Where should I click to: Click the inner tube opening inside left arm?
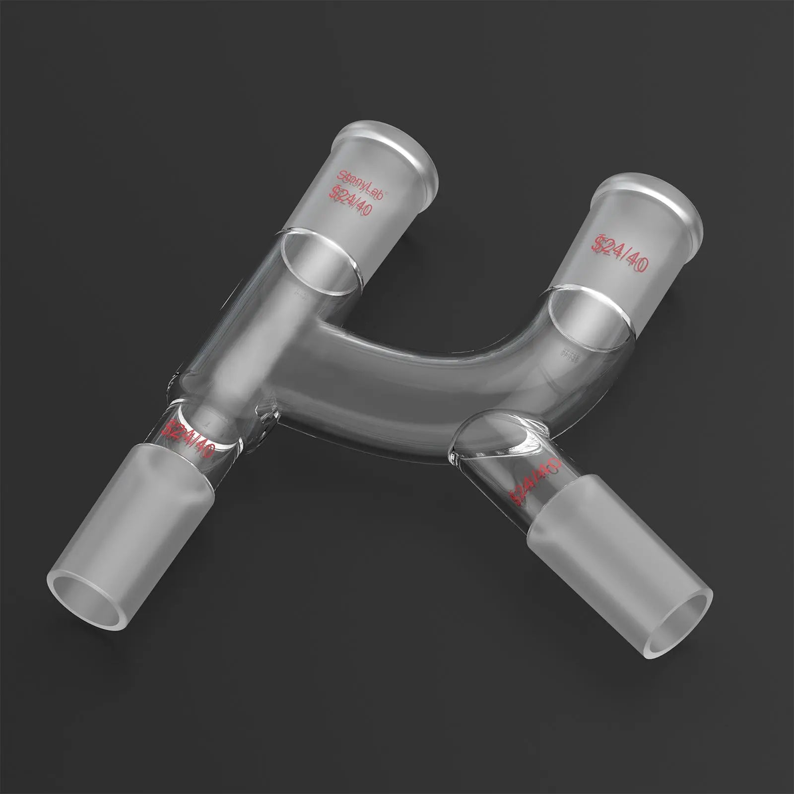click(320, 263)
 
